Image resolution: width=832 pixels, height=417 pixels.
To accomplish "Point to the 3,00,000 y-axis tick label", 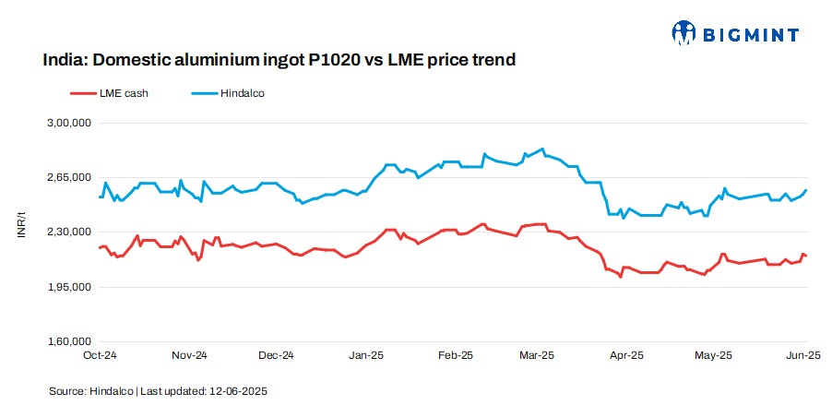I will [x=67, y=123].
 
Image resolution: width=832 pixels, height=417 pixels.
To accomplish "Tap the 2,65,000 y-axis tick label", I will [x=67, y=177].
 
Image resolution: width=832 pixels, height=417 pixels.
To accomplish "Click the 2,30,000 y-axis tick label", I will [x=67, y=232].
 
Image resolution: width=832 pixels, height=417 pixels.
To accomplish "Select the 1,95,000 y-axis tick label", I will [x=67, y=287].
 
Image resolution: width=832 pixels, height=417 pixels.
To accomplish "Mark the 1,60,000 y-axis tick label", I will [x=67, y=342].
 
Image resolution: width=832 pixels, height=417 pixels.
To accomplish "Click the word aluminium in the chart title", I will [x=200, y=61].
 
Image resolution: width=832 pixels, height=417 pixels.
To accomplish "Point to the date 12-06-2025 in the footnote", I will [x=238, y=391].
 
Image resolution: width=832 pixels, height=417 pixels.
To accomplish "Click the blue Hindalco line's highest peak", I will [x=542, y=149].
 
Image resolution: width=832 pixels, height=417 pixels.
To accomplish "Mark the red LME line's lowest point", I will [x=621, y=277].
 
